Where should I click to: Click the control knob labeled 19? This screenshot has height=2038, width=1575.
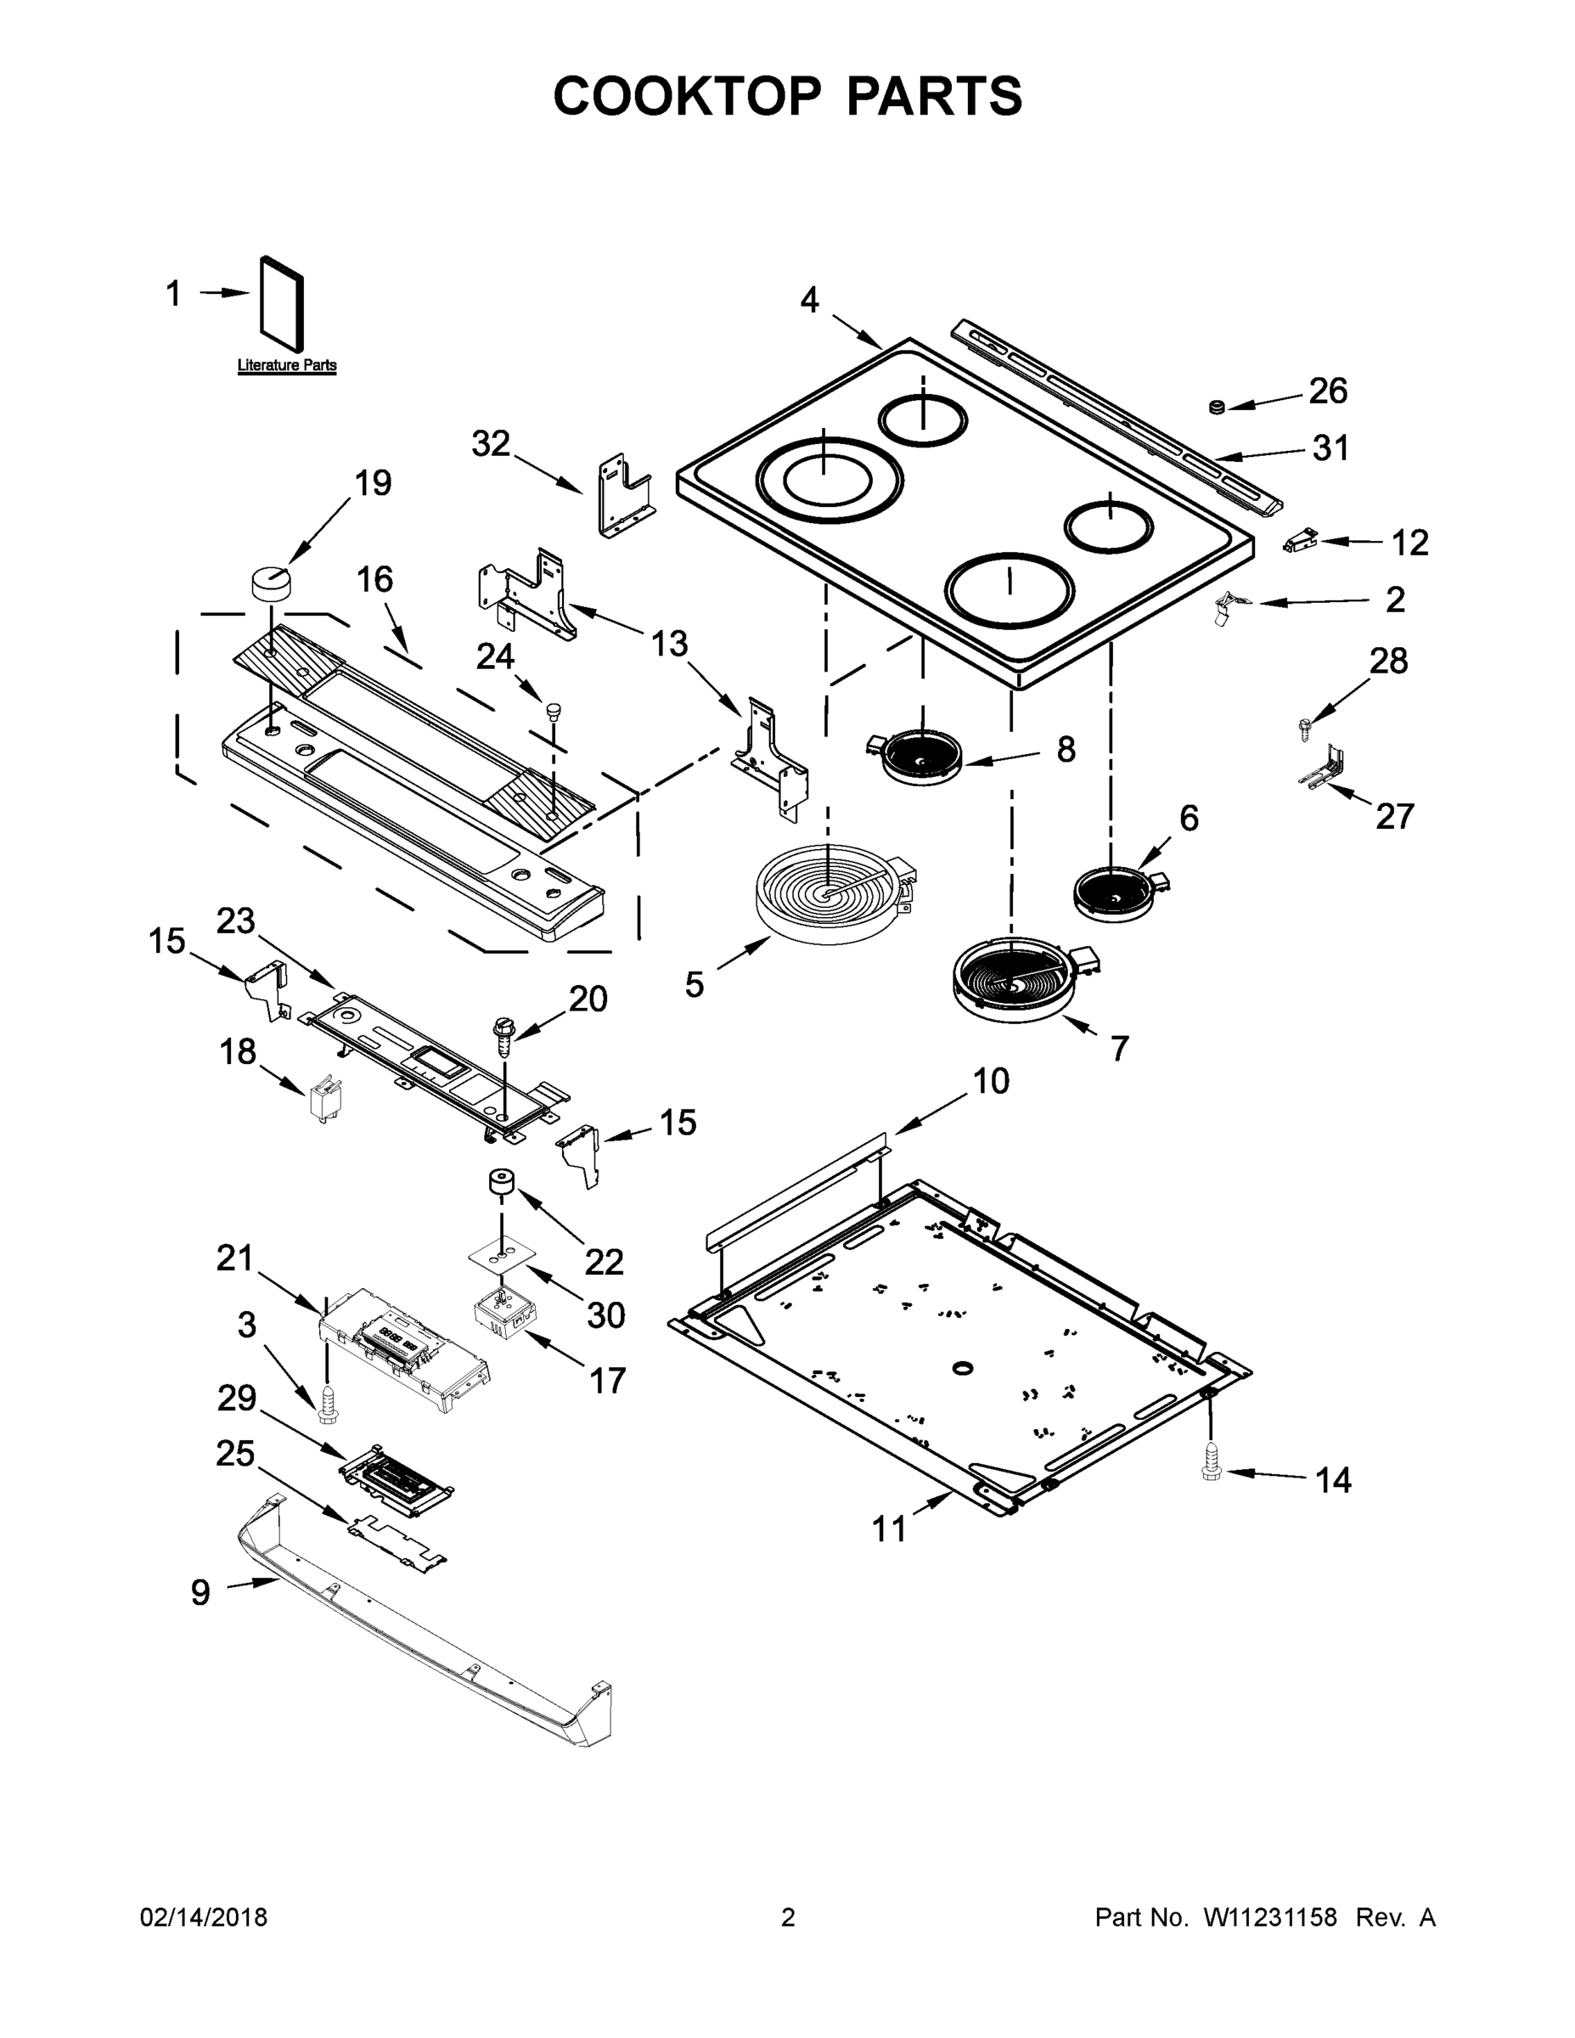click(271, 583)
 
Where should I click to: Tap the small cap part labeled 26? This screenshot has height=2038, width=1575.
click(1216, 407)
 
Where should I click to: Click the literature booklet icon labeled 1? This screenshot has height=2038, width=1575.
click(282, 305)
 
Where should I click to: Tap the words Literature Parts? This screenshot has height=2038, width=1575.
click(286, 366)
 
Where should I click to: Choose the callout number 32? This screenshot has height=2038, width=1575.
click(491, 444)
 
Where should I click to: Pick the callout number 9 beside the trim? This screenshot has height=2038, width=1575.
click(200, 1592)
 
